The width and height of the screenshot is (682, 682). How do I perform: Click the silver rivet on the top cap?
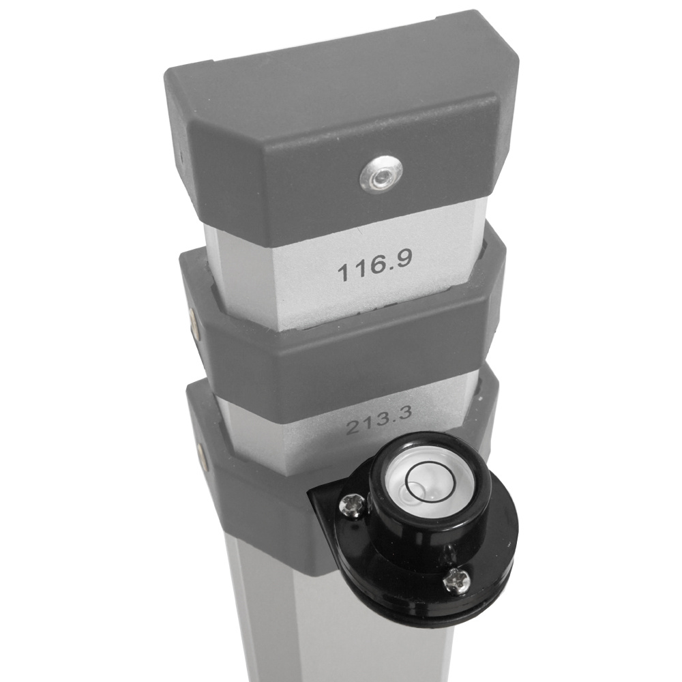381,177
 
